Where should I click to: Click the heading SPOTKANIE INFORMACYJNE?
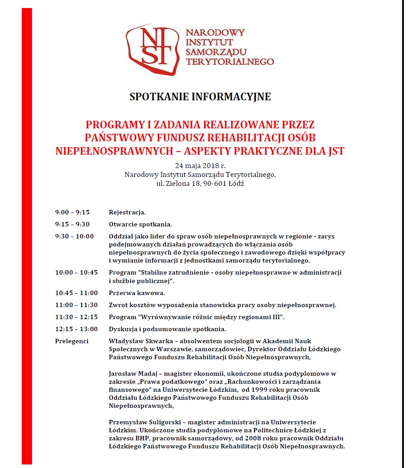pyautogui.click(x=200, y=97)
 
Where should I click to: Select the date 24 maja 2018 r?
pyautogui.click(x=200, y=166)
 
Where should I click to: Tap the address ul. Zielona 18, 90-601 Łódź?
pyautogui.click(x=200, y=183)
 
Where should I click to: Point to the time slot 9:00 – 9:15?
pyautogui.click(x=72, y=212)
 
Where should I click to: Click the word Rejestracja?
pyautogui.click(x=127, y=212)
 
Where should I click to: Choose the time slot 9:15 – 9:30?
pyautogui.click(x=72, y=224)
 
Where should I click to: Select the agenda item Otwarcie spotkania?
pyautogui.click(x=140, y=224)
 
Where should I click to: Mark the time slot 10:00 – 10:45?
pyautogui.click(x=76, y=272)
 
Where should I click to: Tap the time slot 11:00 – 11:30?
pyautogui.click(x=76, y=305)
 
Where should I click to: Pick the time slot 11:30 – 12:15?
pyautogui.click(x=76, y=317)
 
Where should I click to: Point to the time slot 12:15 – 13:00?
pyautogui.click(x=76, y=329)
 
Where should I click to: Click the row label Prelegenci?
pyautogui.click(x=72, y=341)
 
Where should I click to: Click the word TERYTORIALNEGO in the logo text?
pyautogui.click(x=230, y=62)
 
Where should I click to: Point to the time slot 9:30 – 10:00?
pyautogui.click(x=74, y=236)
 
